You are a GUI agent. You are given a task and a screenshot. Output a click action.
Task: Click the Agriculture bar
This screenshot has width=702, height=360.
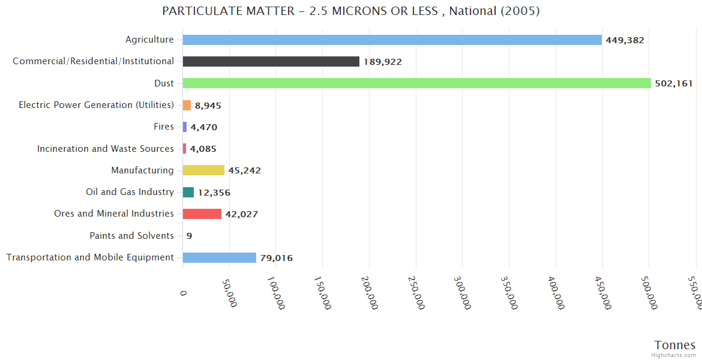392,40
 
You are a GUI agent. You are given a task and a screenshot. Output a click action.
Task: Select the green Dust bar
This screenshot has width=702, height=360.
416,83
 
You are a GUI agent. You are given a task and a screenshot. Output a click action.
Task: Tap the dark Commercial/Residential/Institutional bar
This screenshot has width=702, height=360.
271,62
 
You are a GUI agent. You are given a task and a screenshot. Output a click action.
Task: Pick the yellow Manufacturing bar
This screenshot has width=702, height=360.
203,170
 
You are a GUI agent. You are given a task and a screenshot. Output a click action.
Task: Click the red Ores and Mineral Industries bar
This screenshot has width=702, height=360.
202,214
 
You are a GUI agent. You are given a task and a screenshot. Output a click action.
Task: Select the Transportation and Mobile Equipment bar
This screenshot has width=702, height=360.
219,257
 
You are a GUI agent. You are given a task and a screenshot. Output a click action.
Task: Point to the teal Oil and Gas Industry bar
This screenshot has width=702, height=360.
188,192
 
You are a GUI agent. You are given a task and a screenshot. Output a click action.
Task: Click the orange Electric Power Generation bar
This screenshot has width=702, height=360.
187,105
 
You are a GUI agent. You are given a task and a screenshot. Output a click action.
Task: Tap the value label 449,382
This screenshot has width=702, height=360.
625,40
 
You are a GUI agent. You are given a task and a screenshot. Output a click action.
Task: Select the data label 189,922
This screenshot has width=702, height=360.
382,62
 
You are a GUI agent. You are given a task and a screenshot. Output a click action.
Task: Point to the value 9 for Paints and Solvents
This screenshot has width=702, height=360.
189,236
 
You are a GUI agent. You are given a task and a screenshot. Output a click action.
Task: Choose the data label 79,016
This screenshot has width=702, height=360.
276,258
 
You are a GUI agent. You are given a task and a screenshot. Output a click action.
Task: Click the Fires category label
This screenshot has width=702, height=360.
164,127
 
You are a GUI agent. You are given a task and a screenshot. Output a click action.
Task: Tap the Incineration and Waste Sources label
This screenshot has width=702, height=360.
106,148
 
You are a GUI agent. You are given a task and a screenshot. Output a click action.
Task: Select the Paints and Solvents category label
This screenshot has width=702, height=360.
132,236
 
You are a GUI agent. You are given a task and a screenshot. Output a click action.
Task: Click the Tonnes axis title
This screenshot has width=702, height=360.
674,345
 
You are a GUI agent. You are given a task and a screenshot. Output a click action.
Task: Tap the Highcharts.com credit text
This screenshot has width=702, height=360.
674,355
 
